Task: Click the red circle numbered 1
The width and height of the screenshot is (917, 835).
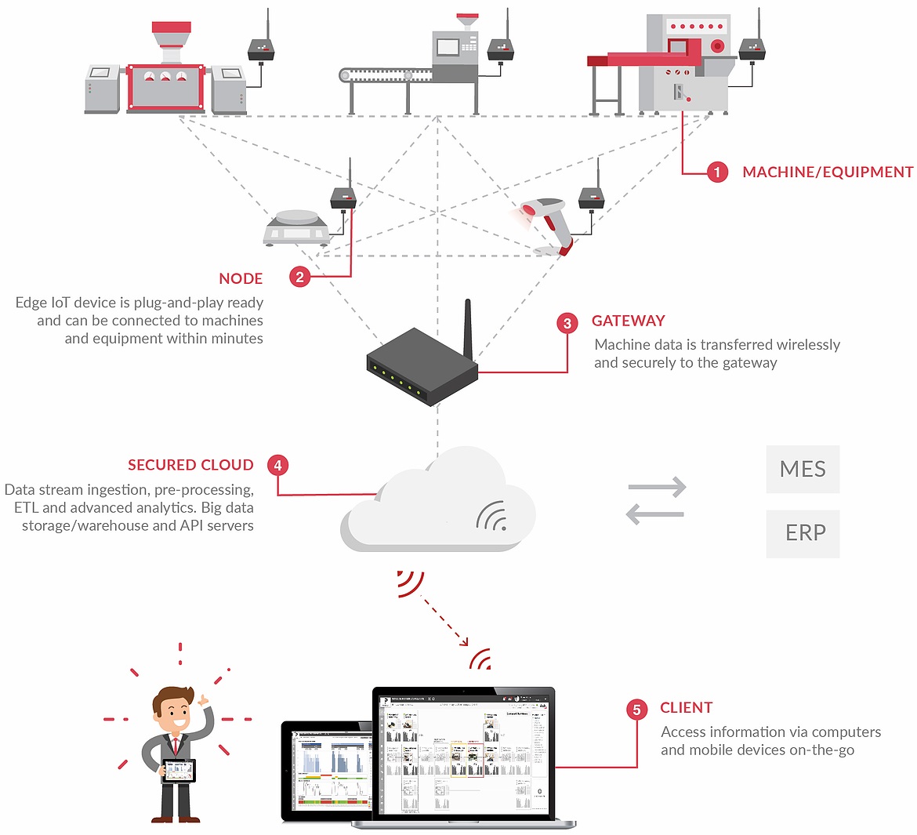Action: [717, 172]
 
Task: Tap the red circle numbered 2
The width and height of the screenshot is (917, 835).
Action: [300, 277]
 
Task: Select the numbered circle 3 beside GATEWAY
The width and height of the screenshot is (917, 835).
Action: [567, 322]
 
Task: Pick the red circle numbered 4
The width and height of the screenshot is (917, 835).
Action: [277, 465]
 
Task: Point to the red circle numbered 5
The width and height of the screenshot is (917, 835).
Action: [636, 710]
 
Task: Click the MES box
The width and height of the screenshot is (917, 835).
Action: [803, 469]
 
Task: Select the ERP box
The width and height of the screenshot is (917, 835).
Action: [803, 533]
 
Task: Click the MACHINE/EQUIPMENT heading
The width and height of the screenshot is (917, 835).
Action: [828, 172]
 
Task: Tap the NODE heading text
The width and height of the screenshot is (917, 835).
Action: [241, 278]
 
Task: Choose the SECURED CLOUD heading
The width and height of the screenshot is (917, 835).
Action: [190, 465]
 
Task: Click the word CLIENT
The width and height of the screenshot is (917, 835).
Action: [686, 707]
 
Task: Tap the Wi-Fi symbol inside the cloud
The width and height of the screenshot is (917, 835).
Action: [492, 516]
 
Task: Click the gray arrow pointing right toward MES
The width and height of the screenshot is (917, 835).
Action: [657, 488]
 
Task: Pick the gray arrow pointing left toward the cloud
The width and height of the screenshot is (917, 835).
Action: [655, 514]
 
